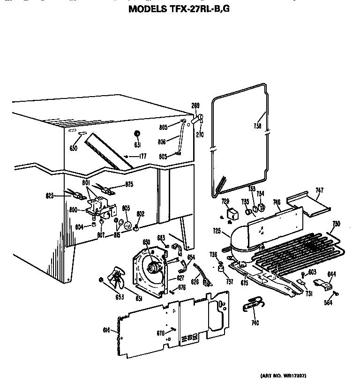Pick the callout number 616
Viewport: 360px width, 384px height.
[x=107, y=331]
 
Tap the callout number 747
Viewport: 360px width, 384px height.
[x=319, y=190]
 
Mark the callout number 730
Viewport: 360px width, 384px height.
[x=336, y=224]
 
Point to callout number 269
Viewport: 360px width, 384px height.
[x=195, y=105]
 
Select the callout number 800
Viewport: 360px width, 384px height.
[x=73, y=210]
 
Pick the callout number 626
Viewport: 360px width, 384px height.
[x=195, y=282]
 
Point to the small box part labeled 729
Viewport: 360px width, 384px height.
[x=231, y=214]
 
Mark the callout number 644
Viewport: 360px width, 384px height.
[x=331, y=274]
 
